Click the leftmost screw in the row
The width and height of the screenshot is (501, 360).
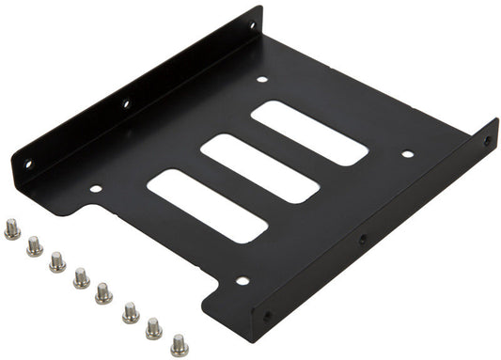12,228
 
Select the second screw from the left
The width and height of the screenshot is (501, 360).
35,245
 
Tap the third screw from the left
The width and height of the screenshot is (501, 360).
57,261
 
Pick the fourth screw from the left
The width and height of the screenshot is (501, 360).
82,277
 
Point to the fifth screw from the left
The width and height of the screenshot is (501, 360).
104,294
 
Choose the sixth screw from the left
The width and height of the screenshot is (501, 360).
131,312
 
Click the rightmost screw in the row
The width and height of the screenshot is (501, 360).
179,345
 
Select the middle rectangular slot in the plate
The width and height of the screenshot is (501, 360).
260,167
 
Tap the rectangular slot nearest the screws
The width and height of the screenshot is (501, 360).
208,205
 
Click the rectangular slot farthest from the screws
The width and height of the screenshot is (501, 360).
309,133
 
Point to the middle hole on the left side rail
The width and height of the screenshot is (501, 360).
125,103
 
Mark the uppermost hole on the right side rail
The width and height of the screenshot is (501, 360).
487,141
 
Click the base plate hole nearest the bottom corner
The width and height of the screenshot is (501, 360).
242,280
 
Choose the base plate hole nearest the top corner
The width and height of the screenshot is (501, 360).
262,79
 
